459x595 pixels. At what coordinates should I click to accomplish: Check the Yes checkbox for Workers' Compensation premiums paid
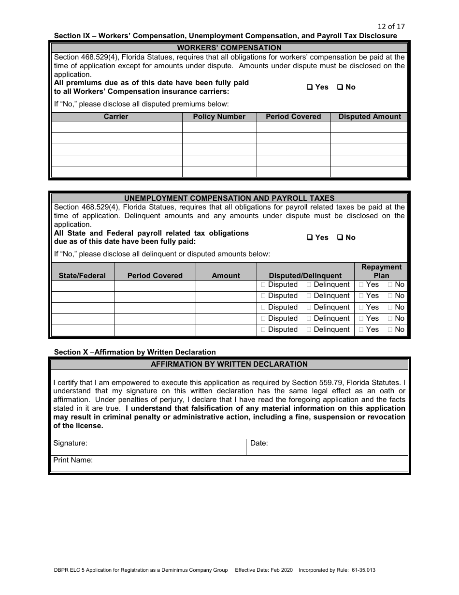(x=310, y=88)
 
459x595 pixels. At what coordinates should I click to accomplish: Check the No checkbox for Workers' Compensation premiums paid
(x=340, y=88)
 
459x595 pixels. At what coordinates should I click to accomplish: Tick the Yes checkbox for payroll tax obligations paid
(x=310, y=238)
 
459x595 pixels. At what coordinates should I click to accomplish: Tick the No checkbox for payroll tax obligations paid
(x=340, y=238)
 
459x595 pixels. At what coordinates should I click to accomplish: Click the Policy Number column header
(x=219, y=117)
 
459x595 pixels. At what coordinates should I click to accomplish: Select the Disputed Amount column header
(x=370, y=117)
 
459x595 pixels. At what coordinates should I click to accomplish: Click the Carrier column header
(x=116, y=117)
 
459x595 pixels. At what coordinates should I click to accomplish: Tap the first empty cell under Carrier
(x=116, y=127)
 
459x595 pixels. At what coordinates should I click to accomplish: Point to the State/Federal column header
(x=82, y=276)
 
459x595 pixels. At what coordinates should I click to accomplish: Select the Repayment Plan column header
(x=381, y=271)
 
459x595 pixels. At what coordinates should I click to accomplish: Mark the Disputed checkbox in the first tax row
(x=263, y=285)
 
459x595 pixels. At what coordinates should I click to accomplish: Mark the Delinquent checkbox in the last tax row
(x=309, y=330)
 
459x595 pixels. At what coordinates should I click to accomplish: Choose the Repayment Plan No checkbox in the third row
(x=390, y=308)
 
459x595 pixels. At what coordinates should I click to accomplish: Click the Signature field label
(x=70, y=443)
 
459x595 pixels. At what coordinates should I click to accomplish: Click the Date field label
(x=259, y=443)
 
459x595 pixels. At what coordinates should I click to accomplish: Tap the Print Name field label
(x=73, y=461)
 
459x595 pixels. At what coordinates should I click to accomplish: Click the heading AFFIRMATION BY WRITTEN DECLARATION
(x=229, y=364)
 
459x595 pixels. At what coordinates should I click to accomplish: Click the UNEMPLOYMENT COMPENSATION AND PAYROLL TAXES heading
(x=229, y=198)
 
